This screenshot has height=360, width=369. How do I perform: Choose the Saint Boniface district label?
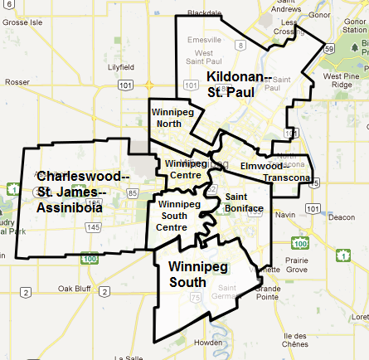245,202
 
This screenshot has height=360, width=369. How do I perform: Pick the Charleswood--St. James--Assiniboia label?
82,192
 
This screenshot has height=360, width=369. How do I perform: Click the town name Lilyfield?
119,66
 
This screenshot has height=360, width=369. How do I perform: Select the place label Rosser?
17,82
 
